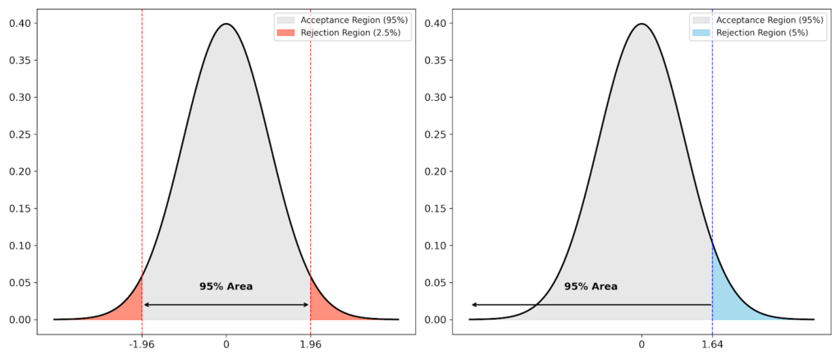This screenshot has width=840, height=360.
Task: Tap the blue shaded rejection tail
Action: tap(725, 299)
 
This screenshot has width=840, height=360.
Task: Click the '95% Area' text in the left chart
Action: tap(226, 287)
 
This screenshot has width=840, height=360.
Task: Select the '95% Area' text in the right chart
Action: tap(591, 287)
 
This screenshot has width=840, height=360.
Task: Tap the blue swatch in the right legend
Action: tap(701, 33)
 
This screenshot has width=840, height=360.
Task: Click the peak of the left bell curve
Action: tap(226, 24)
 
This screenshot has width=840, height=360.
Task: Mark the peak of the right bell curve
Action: tap(641, 24)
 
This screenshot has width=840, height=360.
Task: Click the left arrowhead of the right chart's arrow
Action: tap(473, 305)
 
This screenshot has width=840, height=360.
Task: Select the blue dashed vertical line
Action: tap(712, 164)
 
